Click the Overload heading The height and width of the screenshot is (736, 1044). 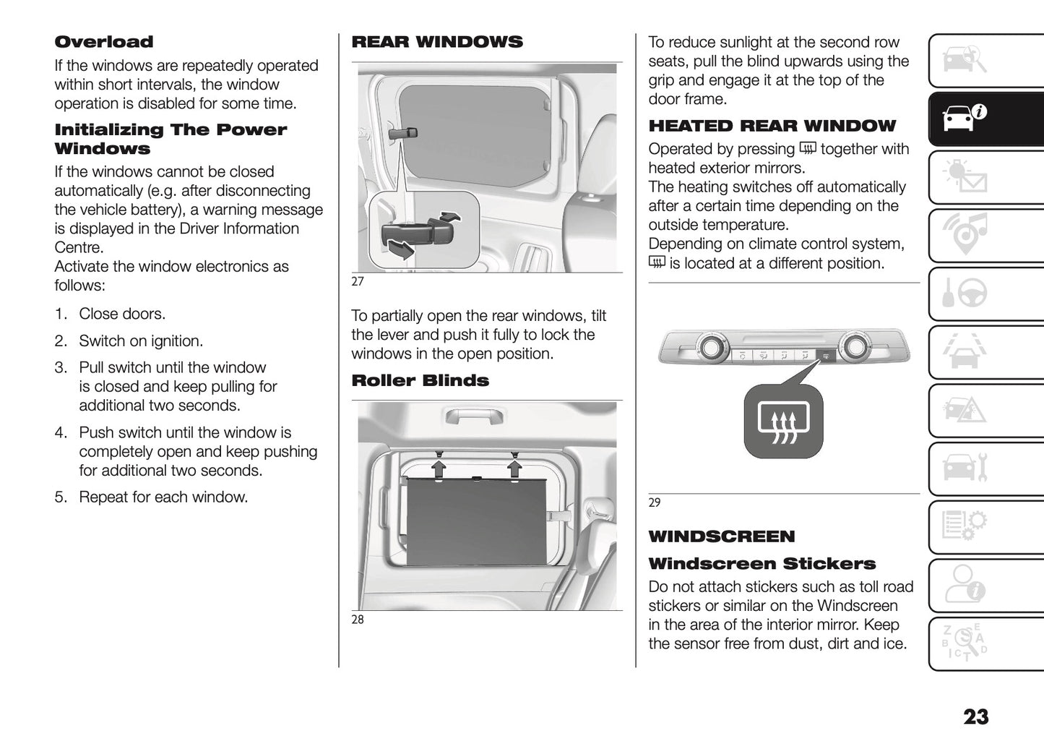(104, 42)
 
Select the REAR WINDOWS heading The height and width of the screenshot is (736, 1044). (436, 42)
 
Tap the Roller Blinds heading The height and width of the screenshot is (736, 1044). (420, 380)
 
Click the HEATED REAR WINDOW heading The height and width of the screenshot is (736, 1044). (772, 126)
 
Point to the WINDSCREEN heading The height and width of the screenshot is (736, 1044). (721, 536)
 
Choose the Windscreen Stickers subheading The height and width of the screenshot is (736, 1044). (762, 564)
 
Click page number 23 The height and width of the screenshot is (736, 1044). (975, 716)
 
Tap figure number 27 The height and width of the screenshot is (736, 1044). (358, 281)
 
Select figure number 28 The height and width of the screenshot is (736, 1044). (358, 620)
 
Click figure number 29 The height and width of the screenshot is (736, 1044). (655, 502)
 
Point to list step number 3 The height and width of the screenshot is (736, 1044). (61, 367)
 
